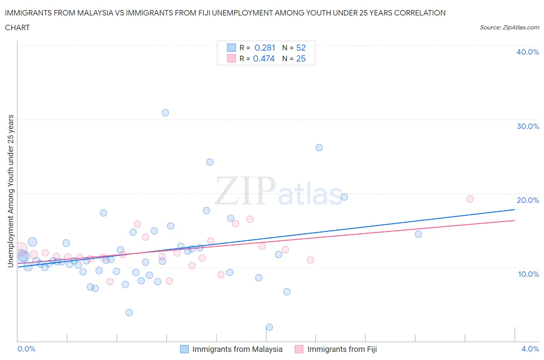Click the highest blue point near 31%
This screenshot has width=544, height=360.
coord(165,113)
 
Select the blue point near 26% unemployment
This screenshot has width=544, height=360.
coord(319,147)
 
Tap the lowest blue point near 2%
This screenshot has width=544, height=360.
coord(269,327)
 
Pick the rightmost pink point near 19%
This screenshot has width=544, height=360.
coord(470,199)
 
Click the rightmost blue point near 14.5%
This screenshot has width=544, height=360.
coord(418,234)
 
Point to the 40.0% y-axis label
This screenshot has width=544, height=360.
coord(528,52)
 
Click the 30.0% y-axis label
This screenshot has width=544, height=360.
coord(528,127)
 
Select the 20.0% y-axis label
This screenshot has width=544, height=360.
coord(528,201)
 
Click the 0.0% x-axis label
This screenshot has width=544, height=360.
coord(27,349)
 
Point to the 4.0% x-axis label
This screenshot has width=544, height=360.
coord(530,349)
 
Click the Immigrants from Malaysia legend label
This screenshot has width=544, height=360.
coord(237,350)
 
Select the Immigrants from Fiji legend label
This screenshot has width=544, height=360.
coord(342,350)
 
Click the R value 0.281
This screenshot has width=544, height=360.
coord(265,48)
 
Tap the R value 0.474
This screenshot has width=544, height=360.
coord(264,59)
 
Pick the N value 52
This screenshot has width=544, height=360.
coord(301,48)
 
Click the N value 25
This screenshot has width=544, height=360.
coord(301,59)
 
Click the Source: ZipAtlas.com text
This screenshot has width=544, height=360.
coord(509,27)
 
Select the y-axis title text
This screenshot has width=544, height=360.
coord(11,191)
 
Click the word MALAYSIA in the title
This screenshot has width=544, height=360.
coord(95,13)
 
